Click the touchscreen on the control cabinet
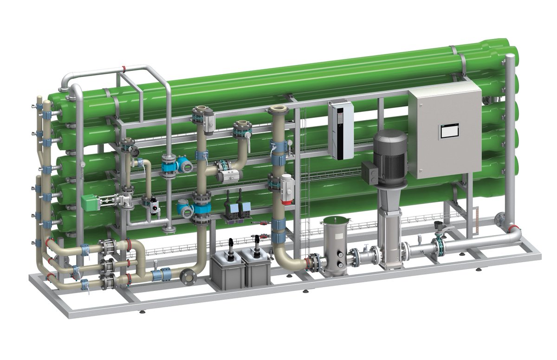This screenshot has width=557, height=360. tap(449, 131)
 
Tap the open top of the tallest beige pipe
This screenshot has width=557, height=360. tap(278, 110)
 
